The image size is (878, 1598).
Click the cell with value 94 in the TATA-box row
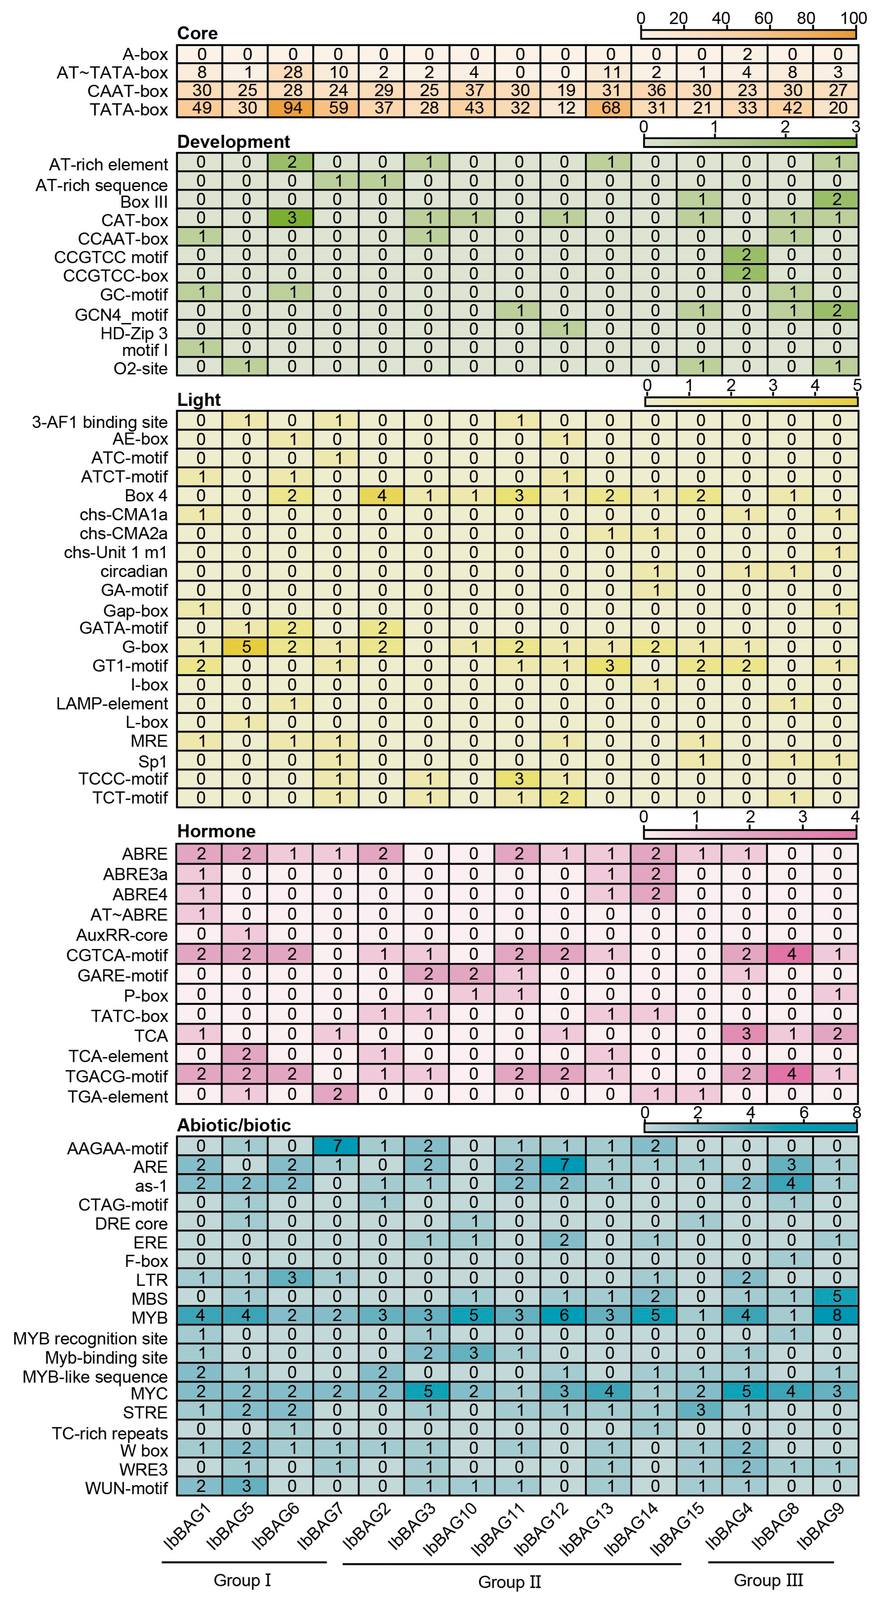[x=292, y=109]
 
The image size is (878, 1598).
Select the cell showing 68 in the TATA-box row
[x=611, y=109]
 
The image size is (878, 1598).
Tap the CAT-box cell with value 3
[x=292, y=220]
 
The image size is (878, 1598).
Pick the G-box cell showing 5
[x=247, y=647]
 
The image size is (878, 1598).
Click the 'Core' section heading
[x=197, y=33]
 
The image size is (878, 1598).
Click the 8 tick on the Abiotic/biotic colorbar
[x=856, y=1112]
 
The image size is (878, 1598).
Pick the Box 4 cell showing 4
[x=383, y=496]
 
